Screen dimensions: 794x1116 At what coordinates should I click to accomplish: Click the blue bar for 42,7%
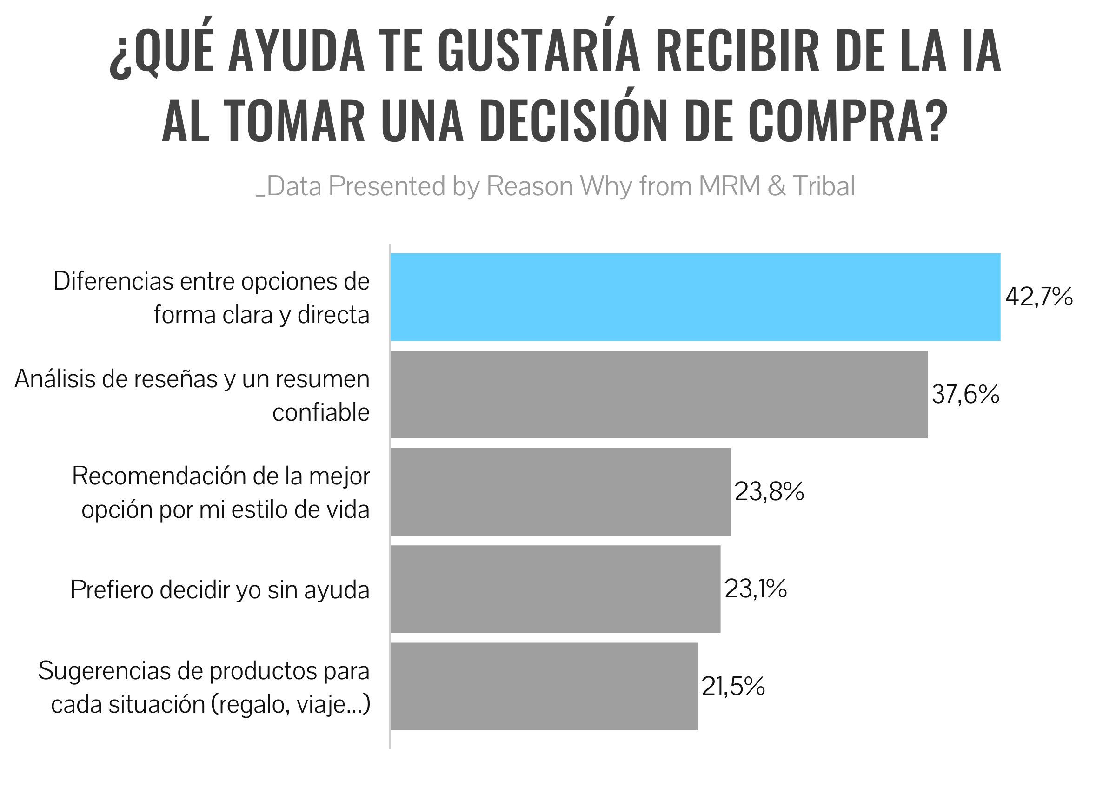coord(694,297)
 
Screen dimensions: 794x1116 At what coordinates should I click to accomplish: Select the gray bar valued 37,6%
coord(658,394)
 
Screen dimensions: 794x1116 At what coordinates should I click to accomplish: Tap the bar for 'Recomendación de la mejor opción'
coord(560,491)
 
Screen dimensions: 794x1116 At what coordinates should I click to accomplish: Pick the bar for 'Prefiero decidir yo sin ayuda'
coord(555,589)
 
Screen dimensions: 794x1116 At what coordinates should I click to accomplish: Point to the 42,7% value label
coord(1039,297)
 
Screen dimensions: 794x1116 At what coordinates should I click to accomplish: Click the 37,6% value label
coord(965,394)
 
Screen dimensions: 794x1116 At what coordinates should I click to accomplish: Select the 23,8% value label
coord(769,491)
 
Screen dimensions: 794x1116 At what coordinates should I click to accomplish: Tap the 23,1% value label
coord(756,589)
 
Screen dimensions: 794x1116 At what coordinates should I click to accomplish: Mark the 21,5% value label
coord(732,687)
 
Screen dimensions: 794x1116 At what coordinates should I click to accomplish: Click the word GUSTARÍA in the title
coord(538,51)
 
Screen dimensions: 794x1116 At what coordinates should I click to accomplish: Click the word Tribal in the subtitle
coord(824,186)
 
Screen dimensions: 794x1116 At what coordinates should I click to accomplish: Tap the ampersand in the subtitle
coord(777,187)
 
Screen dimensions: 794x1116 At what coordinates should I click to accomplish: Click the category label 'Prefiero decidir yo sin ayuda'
coord(219,589)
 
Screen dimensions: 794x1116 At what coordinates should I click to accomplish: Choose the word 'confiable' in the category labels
coord(321,412)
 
